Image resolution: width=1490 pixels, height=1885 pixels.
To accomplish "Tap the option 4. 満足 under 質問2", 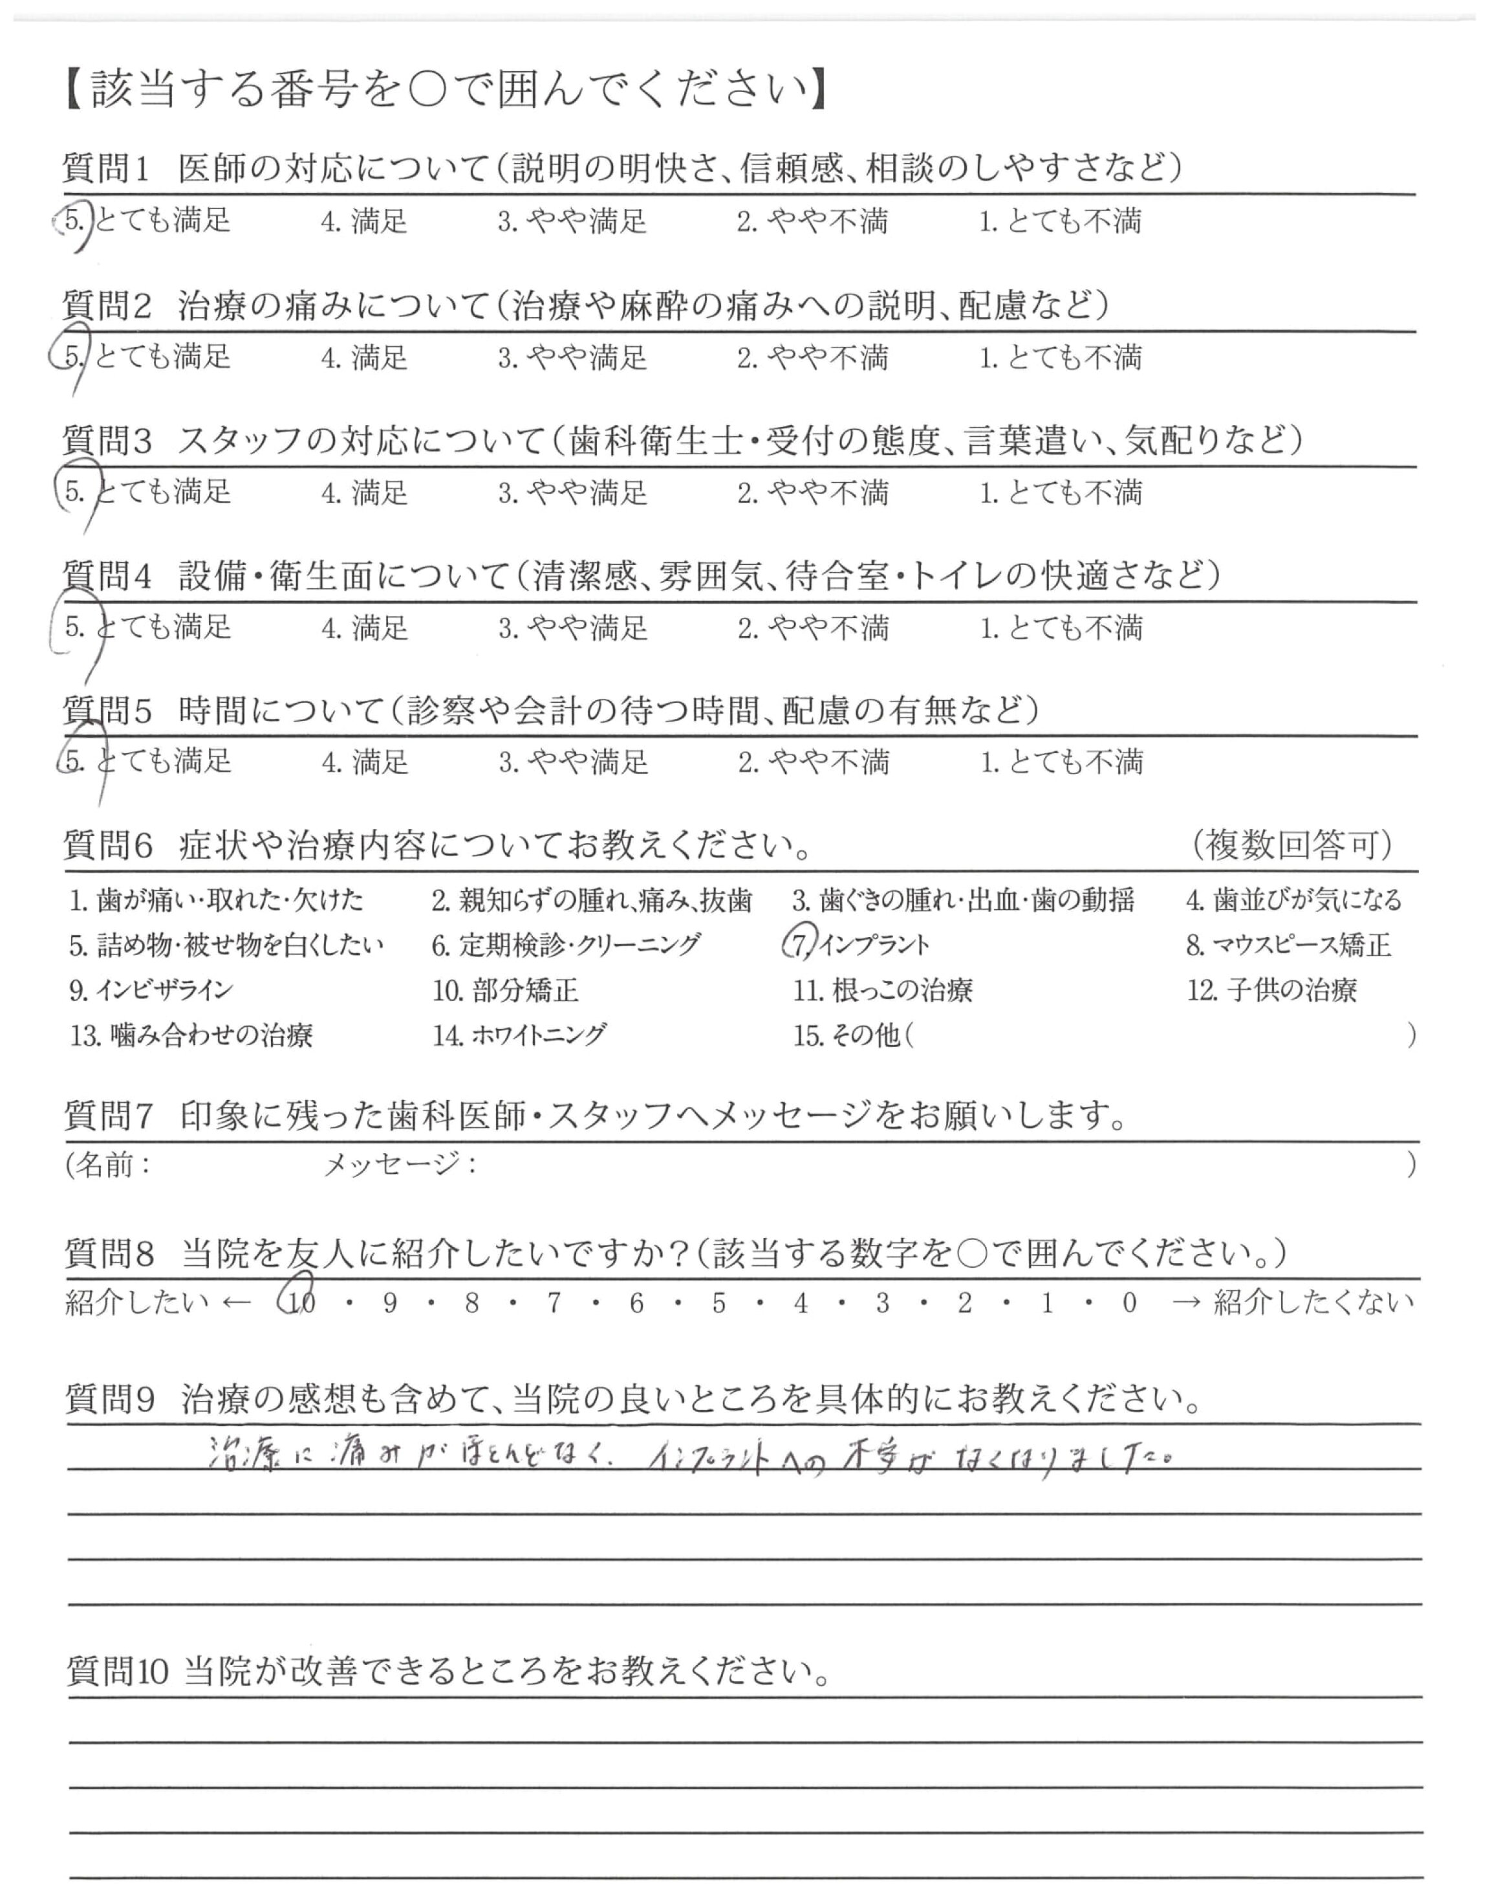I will coord(364,358).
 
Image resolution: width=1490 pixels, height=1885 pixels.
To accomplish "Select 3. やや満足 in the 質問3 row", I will coord(572,493).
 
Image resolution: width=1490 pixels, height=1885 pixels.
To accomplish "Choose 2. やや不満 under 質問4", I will coord(812,628).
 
